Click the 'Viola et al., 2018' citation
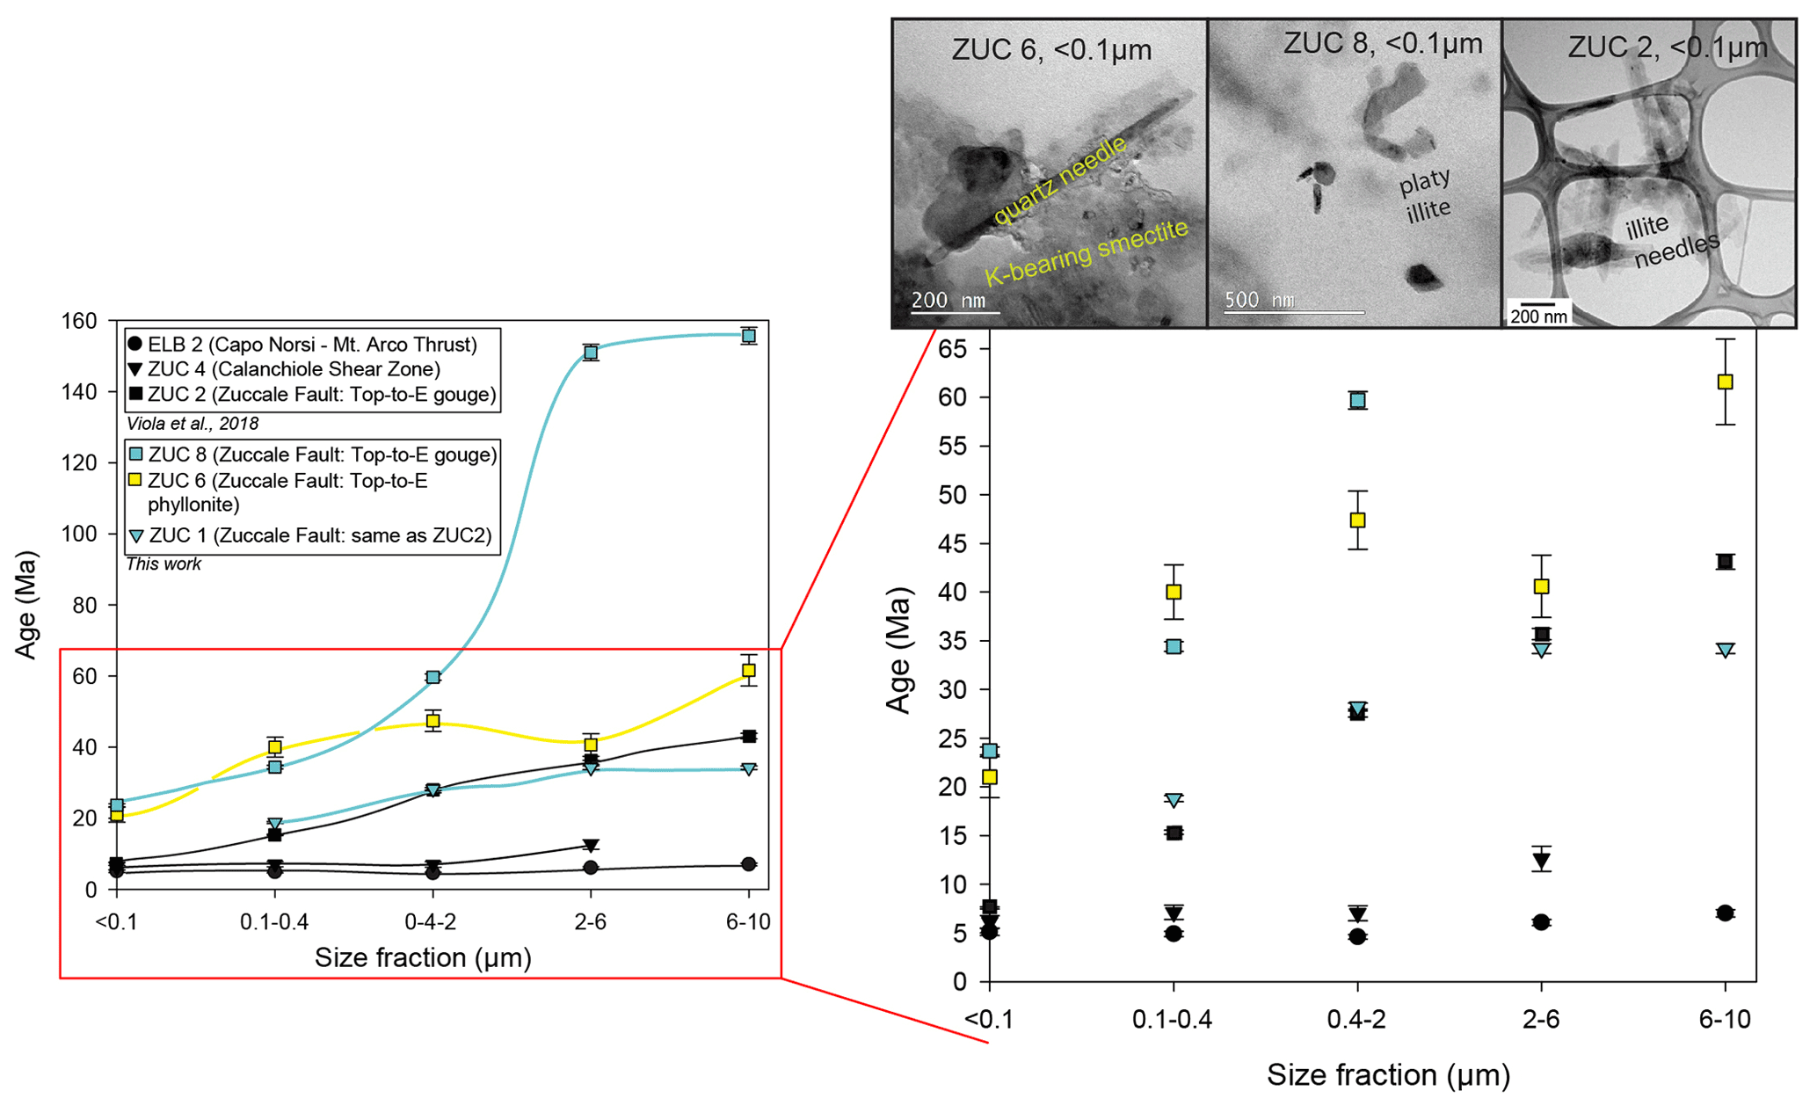193,424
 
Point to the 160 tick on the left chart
79,321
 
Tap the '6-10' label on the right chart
1725,1019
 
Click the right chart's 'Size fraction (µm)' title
1388,1074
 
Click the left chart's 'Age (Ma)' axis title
25,605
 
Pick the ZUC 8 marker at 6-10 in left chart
749,336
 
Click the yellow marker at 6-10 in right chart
1725,382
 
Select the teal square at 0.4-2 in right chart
1357,401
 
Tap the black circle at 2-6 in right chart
1541,922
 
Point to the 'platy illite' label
1425,195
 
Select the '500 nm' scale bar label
1259,299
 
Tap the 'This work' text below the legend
164,564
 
